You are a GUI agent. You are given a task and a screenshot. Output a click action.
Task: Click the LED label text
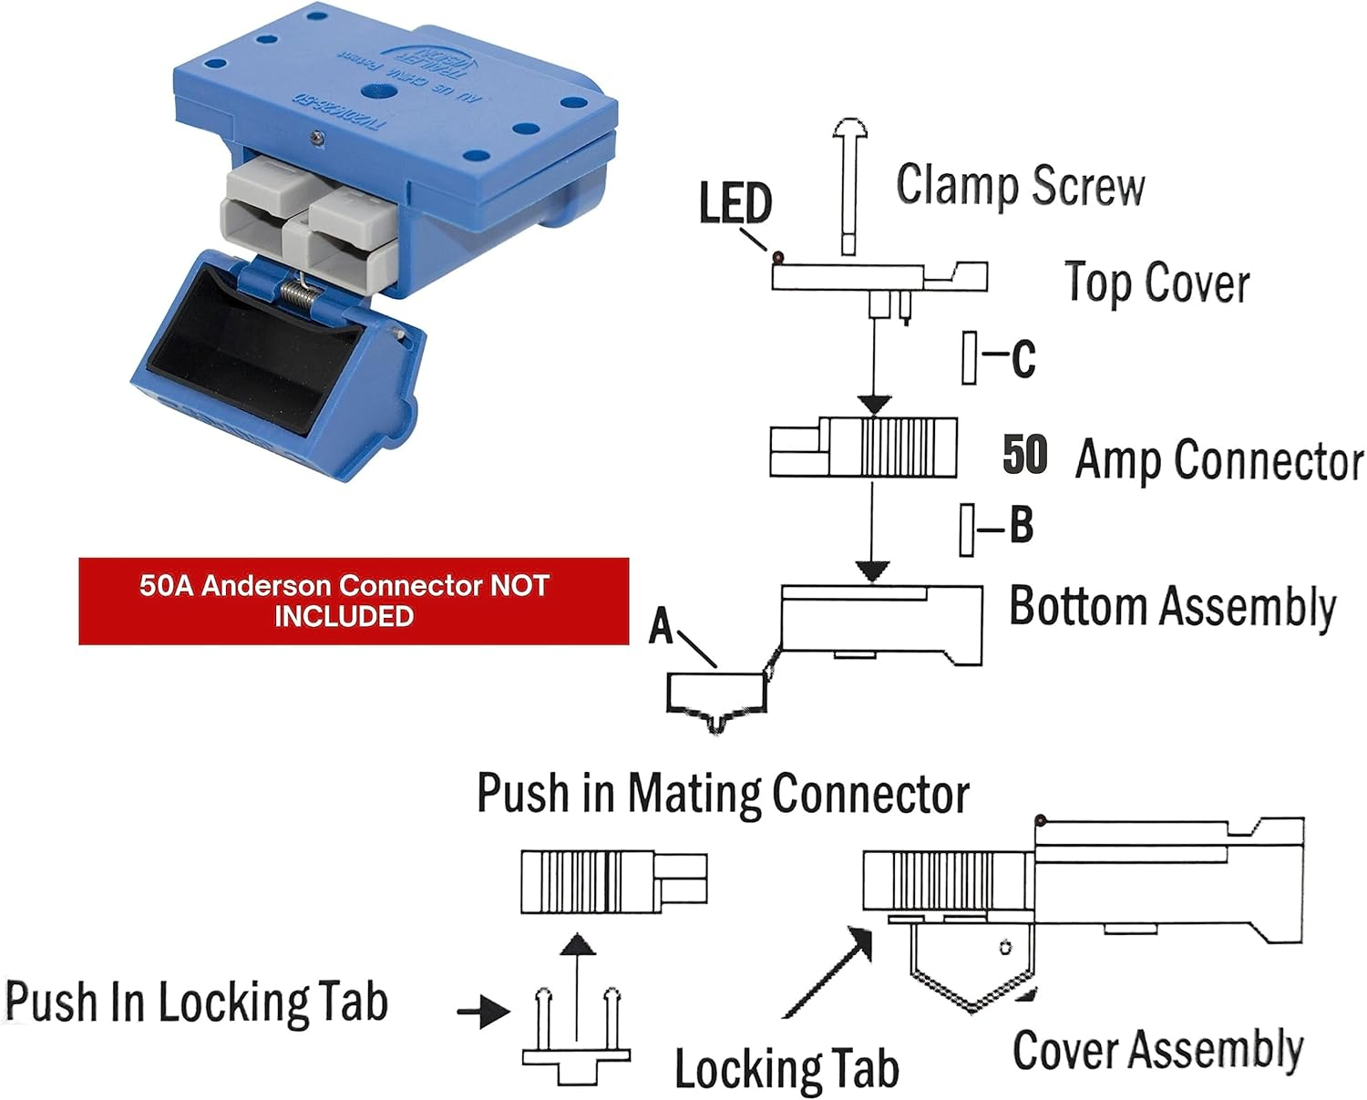[735, 203]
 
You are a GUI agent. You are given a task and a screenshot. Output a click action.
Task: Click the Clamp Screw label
[1020, 186]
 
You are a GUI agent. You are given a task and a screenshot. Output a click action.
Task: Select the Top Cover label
[1156, 283]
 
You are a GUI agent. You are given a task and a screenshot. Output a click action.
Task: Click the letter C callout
[1023, 359]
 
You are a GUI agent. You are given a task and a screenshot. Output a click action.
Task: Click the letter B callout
[1021, 526]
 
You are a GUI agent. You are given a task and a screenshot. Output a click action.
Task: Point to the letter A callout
[661, 627]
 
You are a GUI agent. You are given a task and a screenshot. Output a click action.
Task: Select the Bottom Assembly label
[1172, 607]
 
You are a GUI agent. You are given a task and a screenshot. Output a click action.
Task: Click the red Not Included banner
[354, 601]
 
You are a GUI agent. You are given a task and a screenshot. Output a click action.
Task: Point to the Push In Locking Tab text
[197, 1002]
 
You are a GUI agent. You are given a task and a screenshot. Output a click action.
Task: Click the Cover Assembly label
[1157, 1050]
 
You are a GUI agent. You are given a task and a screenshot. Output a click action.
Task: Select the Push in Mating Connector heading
[723, 794]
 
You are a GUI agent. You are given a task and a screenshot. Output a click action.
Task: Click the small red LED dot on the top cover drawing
[777, 258]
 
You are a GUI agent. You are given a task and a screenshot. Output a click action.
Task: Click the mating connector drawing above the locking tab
[613, 881]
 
